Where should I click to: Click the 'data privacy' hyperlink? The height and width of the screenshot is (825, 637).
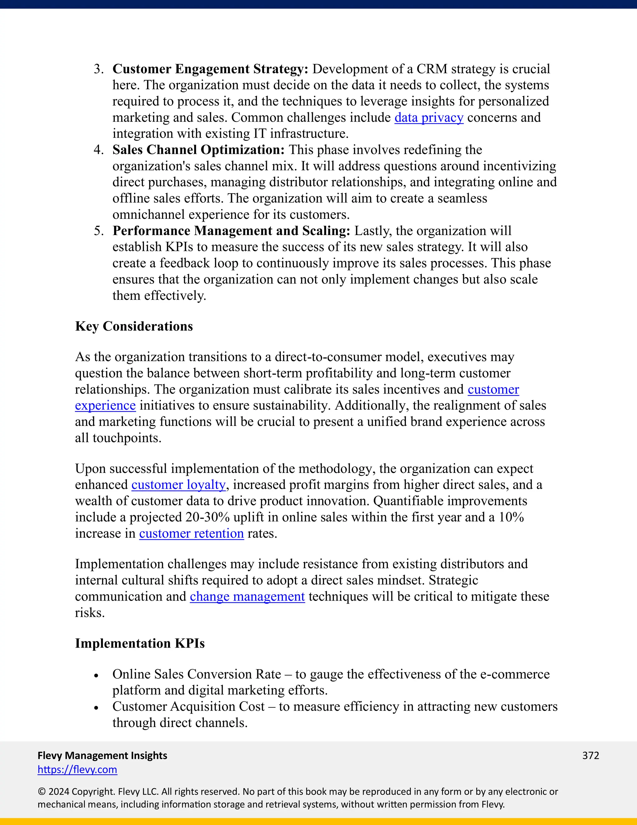429,118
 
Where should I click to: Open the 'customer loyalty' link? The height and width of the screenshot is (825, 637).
179,485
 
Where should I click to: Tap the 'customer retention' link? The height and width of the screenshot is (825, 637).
191,533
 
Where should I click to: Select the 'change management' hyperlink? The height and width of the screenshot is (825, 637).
247,596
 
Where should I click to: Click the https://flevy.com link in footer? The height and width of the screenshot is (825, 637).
77,770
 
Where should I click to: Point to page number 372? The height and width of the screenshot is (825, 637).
591,755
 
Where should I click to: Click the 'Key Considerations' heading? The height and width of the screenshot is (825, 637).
134,326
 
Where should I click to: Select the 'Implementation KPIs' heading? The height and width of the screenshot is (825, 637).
140,643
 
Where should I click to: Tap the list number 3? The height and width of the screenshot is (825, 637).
99,69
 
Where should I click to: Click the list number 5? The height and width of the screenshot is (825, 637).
99,231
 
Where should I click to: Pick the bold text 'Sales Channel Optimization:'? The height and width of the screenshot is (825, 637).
198,150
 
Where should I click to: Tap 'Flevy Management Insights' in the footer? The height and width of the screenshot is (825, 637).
102,755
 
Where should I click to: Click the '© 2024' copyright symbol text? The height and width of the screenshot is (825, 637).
53,791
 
